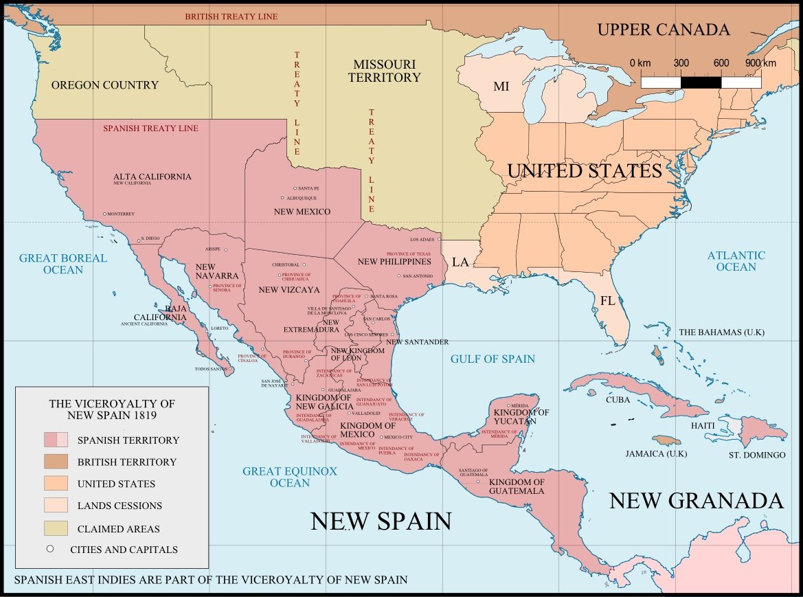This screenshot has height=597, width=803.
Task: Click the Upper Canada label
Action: coord(663,30)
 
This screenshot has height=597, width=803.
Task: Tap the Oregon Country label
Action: coord(105,85)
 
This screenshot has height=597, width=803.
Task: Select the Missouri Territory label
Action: coord(384,71)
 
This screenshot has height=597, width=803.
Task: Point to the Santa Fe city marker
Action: coord(295,188)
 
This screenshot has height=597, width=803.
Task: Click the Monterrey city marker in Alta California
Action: coord(104,214)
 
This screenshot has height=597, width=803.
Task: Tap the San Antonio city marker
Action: coord(398,276)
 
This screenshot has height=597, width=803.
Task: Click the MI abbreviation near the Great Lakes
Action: coord(501,87)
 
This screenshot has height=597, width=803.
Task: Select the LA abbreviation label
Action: coord(460,262)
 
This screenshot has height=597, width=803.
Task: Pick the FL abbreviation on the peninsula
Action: coord(607,300)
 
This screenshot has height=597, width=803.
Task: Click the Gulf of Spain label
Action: coord(493,359)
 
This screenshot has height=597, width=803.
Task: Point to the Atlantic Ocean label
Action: coord(736,261)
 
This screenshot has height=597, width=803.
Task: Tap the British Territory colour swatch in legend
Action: coord(56,462)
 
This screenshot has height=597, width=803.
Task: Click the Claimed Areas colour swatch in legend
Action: coord(56,528)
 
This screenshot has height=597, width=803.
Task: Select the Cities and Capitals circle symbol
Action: coord(49,549)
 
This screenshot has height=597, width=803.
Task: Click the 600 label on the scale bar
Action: coord(721,63)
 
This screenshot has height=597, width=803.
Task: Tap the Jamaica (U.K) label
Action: coord(655,454)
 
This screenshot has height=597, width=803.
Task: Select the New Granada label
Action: coord(696,501)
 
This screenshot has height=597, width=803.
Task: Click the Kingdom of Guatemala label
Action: coord(517,486)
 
